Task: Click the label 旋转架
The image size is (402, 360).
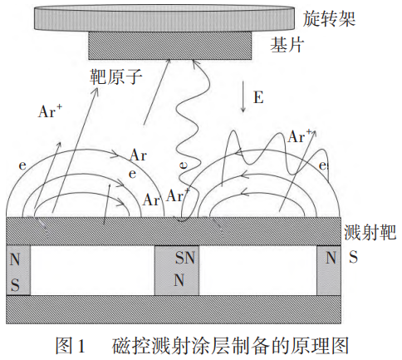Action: tap(329, 19)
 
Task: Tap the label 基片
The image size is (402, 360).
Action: tap(287, 45)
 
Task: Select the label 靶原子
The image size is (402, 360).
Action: tap(116, 76)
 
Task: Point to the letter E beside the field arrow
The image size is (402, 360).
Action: tap(258, 97)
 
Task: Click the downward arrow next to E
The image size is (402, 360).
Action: tap(243, 96)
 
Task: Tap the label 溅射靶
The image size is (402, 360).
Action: tap(370, 232)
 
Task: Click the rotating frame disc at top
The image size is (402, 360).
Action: tap(164, 17)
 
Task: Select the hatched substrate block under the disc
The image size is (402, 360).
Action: tap(170, 45)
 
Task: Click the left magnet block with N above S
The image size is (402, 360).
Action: tap(18, 270)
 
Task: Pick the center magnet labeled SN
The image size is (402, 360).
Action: tap(177, 270)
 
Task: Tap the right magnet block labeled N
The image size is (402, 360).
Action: tap(329, 270)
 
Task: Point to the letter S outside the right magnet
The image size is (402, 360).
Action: tap(353, 257)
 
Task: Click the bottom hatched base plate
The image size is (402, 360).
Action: tap(174, 309)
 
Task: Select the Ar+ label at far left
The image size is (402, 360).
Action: tap(50, 111)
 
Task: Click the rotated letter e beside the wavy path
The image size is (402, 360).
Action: tap(184, 165)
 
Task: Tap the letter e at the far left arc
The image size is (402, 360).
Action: tap(22, 165)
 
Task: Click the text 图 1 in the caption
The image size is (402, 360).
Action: tap(70, 345)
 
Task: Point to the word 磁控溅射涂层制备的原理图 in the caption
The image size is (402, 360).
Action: tap(230, 345)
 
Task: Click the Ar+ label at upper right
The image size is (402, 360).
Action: tap(301, 136)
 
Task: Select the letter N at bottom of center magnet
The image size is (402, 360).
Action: tap(179, 280)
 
